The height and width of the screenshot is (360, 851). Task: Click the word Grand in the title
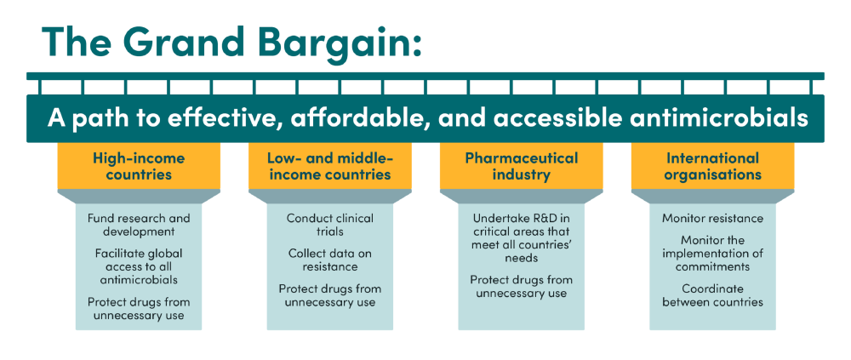pos(181,41)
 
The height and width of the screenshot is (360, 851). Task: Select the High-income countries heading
pos(139,166)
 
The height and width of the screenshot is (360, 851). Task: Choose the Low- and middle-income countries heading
pos(329,166)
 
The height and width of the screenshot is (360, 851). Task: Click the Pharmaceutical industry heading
pos(521,166)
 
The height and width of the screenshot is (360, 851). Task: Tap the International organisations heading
pos(712,166)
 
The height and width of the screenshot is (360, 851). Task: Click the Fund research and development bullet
pos(139,225)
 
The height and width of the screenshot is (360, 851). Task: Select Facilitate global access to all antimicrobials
pos(139,266)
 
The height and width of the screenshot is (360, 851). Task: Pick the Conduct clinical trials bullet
pos(330,225)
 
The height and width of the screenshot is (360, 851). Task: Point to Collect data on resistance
pos(330,260)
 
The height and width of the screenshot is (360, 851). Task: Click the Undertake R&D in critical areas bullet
pos(522,238)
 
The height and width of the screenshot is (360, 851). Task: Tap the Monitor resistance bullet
pos(712,219)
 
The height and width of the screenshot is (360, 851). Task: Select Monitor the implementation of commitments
pos(712,253)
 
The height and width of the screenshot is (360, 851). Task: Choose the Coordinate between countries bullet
pos(712,294)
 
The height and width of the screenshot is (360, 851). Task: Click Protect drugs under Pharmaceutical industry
pos(522,286)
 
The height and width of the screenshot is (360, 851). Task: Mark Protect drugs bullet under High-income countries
pos(139,308)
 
